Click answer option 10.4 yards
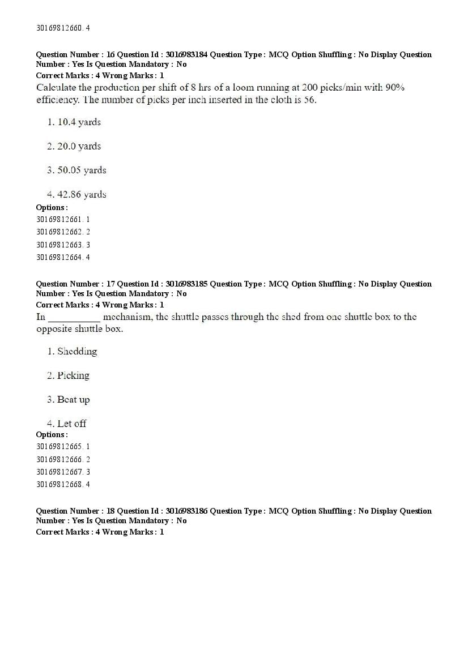point(79,122)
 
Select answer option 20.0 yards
point(79,146)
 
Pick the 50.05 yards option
point(82,170)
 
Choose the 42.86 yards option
point(82,194)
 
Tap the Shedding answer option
point(77,351)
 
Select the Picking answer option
point(73,375)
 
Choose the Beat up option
point(73,399)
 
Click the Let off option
point(71,424)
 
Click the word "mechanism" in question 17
point(127,317)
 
